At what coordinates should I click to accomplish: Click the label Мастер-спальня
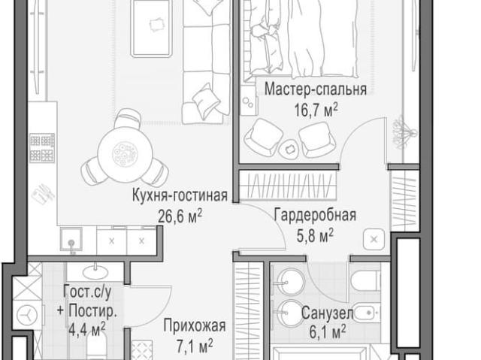(x=315, y=90)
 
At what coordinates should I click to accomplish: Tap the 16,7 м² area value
(x=315, y=109)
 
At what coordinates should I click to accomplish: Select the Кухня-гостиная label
(x=179, y=197)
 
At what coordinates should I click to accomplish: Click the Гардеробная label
(x=314, y=215)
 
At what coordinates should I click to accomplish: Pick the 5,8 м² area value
(x=316, y=236)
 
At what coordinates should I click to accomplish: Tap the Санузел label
(x=323, y=312)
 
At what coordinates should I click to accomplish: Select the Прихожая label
(x=194, y=326)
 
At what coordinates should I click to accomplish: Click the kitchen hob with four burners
(x=42, y=149)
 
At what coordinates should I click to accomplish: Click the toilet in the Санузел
(x=365, y=282)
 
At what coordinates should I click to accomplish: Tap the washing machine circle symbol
(x=28, y=313)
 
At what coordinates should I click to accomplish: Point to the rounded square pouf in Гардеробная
(x=374, y=240)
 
